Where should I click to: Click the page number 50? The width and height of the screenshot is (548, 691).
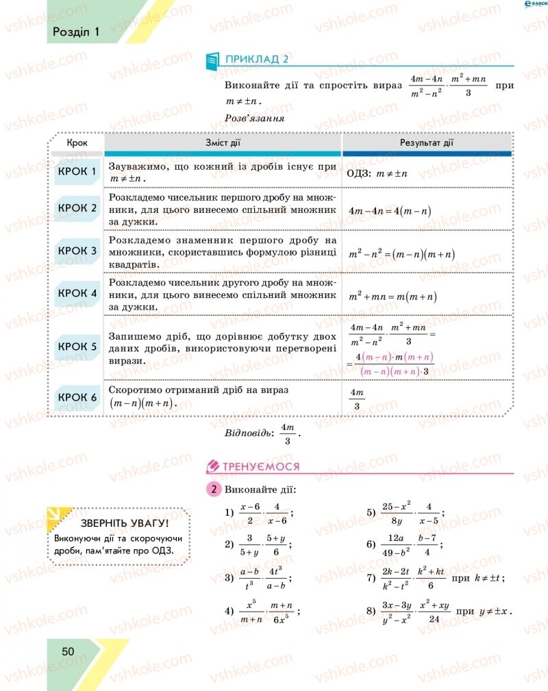point(67,651)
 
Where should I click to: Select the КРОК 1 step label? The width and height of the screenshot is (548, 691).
point(77,171)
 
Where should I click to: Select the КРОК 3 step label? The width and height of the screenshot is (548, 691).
point(77,251)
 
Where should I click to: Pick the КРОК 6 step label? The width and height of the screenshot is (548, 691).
point(77,397)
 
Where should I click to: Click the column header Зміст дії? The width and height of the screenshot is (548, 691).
point(223,143)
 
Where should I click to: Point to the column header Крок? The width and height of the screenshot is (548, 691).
point(77,143)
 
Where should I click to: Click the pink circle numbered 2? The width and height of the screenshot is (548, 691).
point(214,490)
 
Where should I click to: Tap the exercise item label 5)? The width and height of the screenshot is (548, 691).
point(372,512)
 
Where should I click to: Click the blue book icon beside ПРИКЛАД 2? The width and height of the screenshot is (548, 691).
point(212,60)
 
